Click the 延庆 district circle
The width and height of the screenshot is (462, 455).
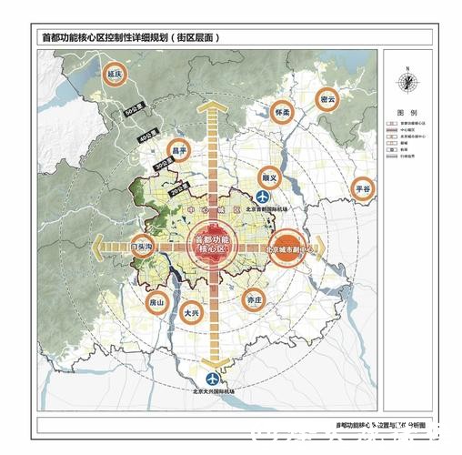coord(115,75)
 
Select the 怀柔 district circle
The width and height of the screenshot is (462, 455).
coord(283,113)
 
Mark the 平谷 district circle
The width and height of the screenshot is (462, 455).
coord(365,189)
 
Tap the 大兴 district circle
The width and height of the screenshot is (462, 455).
coord(191,312)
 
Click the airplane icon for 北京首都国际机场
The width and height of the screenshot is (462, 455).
coord(265,197)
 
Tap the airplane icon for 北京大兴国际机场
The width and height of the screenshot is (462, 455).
coord(213,379)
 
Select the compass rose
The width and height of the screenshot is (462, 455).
coord(407,83)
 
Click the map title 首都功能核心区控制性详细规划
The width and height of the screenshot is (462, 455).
coord(132,38)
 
